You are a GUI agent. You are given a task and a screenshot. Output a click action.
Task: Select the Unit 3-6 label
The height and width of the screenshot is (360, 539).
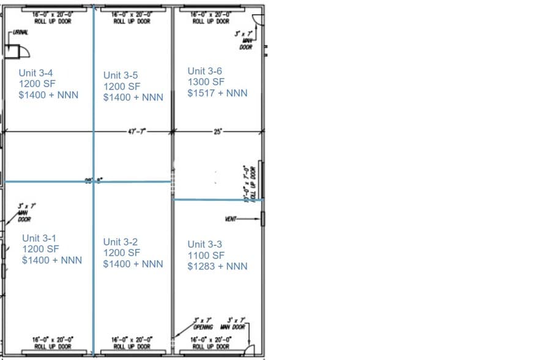click(x=205, y=71)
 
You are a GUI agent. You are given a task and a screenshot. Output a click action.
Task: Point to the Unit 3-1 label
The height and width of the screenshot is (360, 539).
click(x=40, y=238)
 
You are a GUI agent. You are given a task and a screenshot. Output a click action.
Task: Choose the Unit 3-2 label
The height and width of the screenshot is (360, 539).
click(x=121, y=242)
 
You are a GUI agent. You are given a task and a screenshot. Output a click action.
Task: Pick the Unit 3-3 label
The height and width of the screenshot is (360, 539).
click(x=205, y=244)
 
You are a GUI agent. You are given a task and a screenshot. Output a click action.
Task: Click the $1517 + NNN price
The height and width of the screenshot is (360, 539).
click(x=217, y=93)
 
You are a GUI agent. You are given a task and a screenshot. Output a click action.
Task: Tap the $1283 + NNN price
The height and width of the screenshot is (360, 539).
click(x=217, y=266)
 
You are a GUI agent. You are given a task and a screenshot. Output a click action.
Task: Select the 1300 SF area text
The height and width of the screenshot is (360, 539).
click(x=206, y=82)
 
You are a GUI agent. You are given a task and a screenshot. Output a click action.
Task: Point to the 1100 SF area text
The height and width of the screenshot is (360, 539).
click(x=206, y=255)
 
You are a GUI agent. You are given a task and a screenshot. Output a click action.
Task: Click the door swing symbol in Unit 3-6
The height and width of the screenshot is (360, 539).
click(x=258, y=18)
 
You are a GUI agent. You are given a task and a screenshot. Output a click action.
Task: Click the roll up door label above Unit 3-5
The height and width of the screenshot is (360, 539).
click(x=132, y=18)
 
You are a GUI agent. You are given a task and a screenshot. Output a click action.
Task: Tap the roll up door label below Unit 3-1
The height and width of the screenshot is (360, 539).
click(x=53, y=343)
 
